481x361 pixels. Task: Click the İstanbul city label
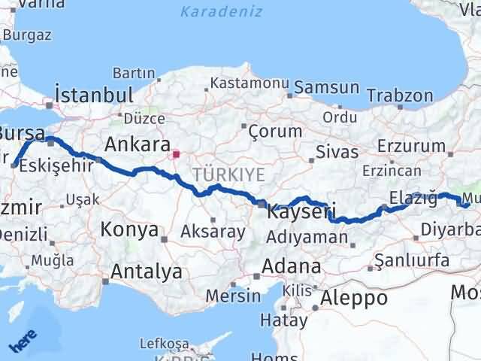click(94, 96)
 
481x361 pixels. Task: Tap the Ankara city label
click(136, 144)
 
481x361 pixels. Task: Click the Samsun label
click(326, 87)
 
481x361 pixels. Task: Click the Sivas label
click(336, 152)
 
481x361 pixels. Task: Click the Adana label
click(292, 267)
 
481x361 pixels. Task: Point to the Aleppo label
click(353, 297)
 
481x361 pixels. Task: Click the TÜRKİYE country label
click(228, 175)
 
